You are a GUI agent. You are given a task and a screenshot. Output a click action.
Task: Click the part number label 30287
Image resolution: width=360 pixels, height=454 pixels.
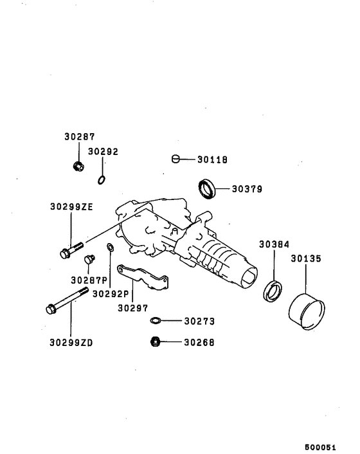pos(79,137)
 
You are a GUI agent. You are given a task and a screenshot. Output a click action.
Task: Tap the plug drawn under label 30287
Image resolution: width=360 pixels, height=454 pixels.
pos(79,167)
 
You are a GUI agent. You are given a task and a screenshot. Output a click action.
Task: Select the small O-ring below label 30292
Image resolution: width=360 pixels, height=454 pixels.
pos(102,180)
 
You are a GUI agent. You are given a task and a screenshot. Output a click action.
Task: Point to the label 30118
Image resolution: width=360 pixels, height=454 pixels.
pos(213,159)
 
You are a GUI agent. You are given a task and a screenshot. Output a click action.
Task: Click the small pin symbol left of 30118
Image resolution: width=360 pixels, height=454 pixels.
pos(176,159)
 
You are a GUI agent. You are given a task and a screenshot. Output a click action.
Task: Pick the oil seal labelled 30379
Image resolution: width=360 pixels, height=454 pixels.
pos(206,189)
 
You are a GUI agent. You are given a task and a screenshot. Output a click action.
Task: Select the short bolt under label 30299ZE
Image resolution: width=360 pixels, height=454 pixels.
pos(70,250)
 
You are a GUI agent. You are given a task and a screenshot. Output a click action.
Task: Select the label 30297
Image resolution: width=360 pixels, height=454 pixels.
pos(132,307)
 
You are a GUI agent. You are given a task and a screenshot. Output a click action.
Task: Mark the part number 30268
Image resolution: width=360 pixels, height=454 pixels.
pos(199,342)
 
